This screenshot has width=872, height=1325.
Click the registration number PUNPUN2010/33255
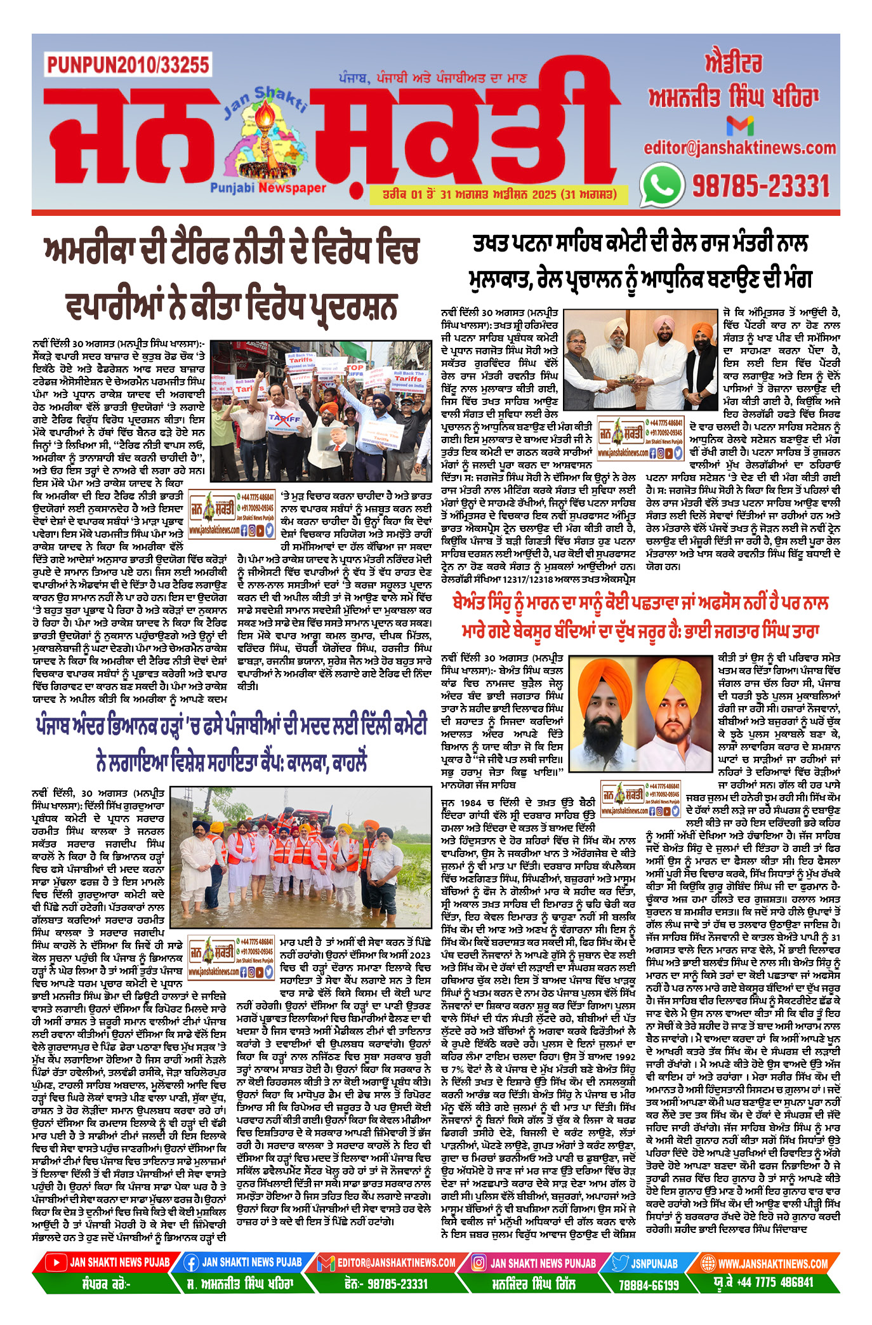(128, 64)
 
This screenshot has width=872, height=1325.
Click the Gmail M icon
(739, 126)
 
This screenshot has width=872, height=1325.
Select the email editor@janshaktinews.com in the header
(739, 149)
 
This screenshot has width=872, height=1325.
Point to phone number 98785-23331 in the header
(760, 186)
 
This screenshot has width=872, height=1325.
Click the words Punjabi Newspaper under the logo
(267, 188)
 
